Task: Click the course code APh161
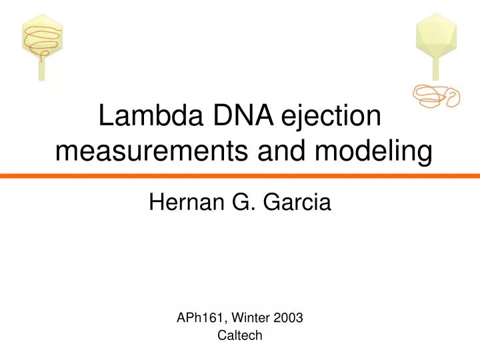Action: click(197, 318)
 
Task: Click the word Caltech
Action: click(240, 336)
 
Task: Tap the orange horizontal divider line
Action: click(240, 175)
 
